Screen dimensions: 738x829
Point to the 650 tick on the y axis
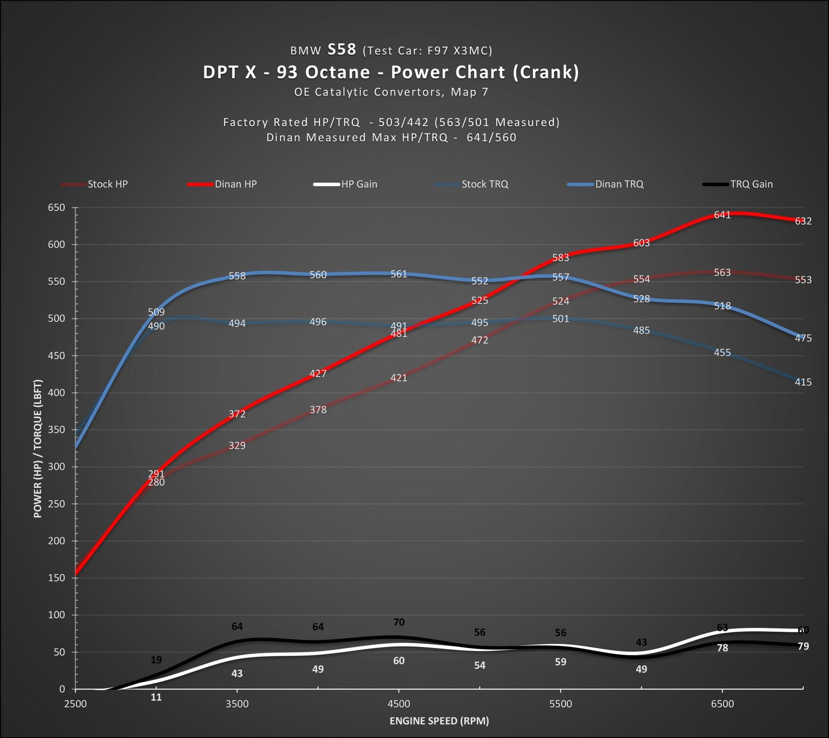pos(56,207)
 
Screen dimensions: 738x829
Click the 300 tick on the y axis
pos(56,467)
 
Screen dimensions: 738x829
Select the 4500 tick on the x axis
pos(399,704)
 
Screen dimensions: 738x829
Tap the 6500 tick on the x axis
pos(722,704)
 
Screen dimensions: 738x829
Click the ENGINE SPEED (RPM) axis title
pos(439,721)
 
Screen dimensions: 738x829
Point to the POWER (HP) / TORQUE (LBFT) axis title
pos(38,448)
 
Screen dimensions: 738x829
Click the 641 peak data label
pos(722,215)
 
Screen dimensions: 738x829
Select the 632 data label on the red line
pos(803,221)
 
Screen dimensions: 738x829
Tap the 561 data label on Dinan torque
pos(399,274)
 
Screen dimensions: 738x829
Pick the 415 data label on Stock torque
pos(803,382)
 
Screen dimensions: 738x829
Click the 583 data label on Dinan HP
pos(560,258)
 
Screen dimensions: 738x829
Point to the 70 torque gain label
pos(399,622)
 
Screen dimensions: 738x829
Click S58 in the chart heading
pos(342,50)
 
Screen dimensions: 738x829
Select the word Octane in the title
pos(337,72)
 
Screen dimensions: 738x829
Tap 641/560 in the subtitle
pos(491,138)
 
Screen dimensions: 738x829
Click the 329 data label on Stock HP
pos(237,445)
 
